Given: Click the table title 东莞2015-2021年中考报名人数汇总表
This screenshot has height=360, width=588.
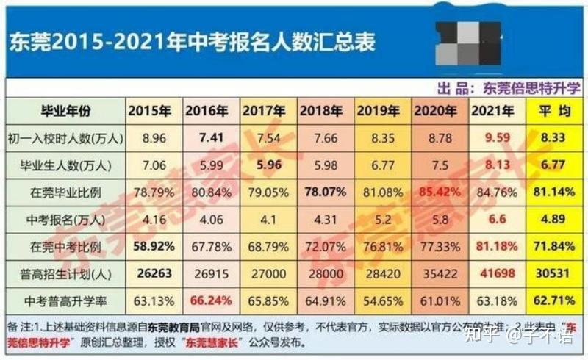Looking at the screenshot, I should pyautogui.click(x=193, y=42).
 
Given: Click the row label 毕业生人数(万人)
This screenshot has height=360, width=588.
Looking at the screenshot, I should pyautogui.click(x=65, y=164).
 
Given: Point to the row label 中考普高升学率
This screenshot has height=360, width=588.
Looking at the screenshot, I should pyautogui.click(x=65, y=300).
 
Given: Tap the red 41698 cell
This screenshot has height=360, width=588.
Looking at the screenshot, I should pyautogui.click(x=496, y=273).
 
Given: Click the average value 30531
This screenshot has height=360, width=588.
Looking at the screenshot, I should pyautogui.click(x=552, y=273).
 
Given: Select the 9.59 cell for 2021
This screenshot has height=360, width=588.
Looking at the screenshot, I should pyautogui.click(x=496, y=137).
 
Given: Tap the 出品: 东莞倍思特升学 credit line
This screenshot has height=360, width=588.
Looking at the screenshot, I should pyautogui.click(x=507, y=88).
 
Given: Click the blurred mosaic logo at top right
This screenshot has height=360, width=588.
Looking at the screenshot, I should pyautogui.click(x=467, y=42).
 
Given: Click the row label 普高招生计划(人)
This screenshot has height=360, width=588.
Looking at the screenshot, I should pyautogui.click(x=65, y=273).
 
